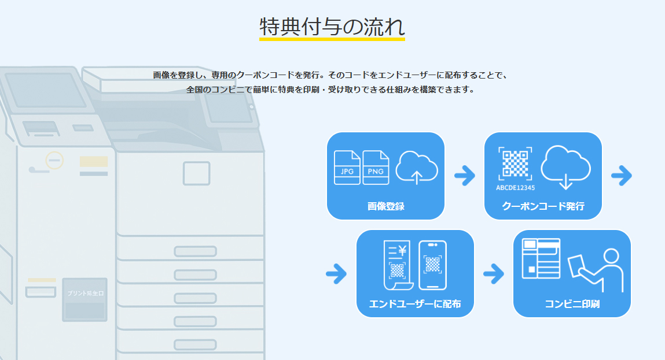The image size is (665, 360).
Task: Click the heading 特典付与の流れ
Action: coord(332,27)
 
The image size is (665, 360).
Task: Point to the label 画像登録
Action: coord(385,206)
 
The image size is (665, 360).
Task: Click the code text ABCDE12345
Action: coord(515,187)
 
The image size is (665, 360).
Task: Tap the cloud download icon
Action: coord(565,166)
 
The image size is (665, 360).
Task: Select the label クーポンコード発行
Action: coord(543,206)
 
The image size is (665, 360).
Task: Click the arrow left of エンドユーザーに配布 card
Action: coord(336,273)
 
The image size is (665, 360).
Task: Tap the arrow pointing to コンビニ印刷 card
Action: coord(494,273)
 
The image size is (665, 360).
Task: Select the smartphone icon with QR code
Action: coord(432,265)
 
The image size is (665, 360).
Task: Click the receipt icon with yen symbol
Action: coord(397,265)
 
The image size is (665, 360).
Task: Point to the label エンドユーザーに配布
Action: coord(415,304)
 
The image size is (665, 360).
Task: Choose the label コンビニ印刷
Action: coord(572,304)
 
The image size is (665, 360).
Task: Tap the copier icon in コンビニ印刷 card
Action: coord(541,258)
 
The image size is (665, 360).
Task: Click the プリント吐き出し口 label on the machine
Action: coord(84,294)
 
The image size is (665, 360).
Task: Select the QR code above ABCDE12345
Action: coord(515,164)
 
